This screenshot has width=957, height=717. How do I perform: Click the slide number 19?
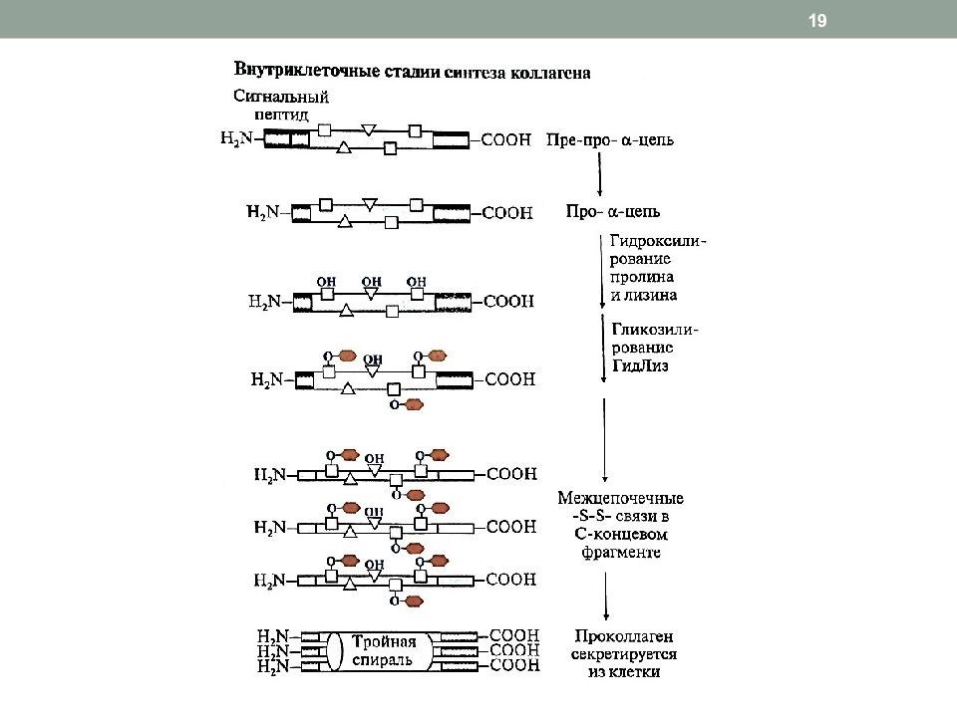[x=817, y=21]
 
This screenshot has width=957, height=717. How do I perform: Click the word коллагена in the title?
[x=550, y=73]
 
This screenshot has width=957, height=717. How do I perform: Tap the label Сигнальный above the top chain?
[x=281, y=97]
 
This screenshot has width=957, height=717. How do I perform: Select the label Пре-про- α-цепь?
[x=610, y=139]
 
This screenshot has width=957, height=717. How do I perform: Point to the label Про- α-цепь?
[x=613, y=211]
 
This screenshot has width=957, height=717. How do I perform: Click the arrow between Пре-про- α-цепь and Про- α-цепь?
[x=599, y=173]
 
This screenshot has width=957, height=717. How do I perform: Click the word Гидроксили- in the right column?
[x=658, y=241]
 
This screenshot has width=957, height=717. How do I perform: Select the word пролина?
[x=641, y=277]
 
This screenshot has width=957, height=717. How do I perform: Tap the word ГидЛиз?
[x=640, y=365]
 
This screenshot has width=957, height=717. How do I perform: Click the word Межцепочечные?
[x=620, y=498]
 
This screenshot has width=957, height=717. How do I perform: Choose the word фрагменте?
[x=621, y=553]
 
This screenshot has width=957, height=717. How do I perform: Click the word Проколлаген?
[x=624, y=636]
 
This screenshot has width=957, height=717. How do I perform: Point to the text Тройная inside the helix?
[x=384, y=641]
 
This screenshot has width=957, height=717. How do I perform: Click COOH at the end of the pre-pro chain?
[x=506, y=139]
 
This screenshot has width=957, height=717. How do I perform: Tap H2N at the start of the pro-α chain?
[x=262, y=212]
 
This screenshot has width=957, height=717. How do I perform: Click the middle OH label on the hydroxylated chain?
[x=371, y=282]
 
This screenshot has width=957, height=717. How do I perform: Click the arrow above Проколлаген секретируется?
[x=605, y=596]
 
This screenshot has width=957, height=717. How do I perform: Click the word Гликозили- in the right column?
[x=655, y=330]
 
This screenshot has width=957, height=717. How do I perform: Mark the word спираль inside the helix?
[x=383, y=659]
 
